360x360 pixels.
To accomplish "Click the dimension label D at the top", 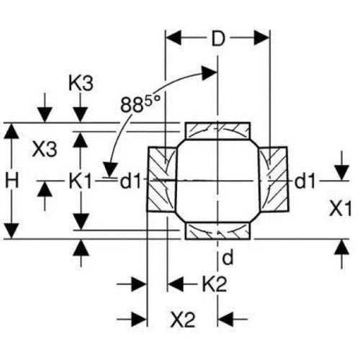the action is click(x=218, y=38).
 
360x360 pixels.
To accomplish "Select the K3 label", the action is click(x=81, y=84).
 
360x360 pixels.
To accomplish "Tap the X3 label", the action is click(x=45, y=149).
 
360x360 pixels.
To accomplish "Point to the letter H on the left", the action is click(x=12, y=181).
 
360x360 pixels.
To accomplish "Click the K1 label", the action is click(x=80, y=181).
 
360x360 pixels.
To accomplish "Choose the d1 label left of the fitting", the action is click(x=130, y=181).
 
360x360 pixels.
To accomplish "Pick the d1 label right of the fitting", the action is click(x=305, y=181).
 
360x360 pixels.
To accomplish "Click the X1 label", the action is click(x=341, y=209).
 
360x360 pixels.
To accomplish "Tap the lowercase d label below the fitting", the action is click(x=228, y=258).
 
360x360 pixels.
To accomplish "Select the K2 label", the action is click(x=215, y=284).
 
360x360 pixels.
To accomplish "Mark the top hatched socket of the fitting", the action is click(x=217, y=130).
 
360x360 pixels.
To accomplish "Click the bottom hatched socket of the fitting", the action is click(x=217, y=231).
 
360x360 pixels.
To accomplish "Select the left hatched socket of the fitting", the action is click(x=162, y=179).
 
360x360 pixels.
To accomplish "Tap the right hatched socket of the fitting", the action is click(x=273, y=179).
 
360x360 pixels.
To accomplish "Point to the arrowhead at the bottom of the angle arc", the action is click(x=110, y=170).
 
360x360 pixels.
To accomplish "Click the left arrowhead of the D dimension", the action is click(x=174, y=38).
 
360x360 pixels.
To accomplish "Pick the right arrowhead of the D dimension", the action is click(x=261, y=38).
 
